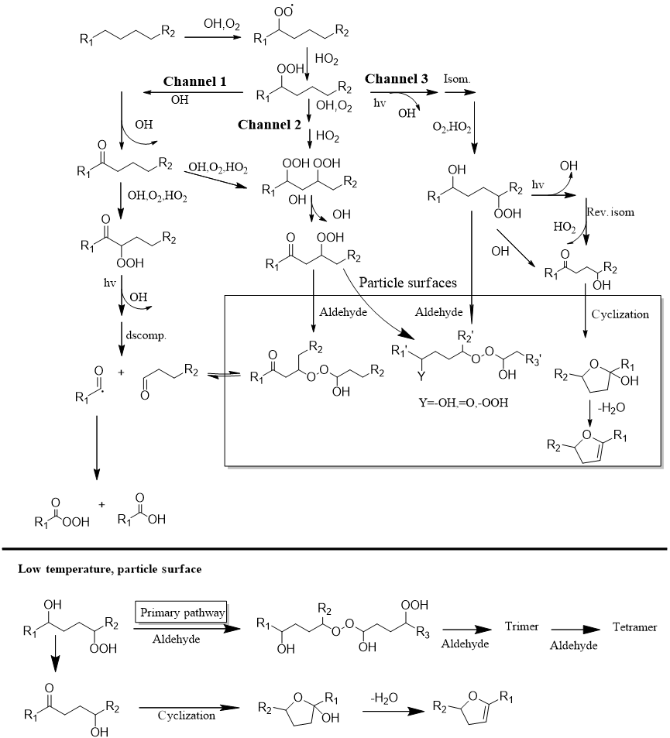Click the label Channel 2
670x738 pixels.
(270, 124)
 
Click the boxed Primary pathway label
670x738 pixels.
(183, 613)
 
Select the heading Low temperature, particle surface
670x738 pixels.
(109, 569)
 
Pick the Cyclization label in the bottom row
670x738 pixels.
(187, 715)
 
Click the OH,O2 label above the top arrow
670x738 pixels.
(222, 26)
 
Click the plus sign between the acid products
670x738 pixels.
(101, 504)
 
